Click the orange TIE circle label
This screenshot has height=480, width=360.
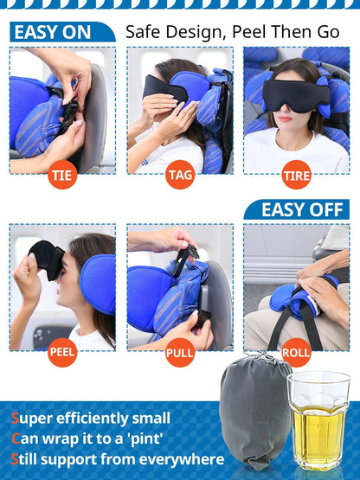coord(62,176)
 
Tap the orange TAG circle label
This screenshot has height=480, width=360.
coord(180,176)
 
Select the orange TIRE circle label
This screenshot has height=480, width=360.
coord(297,176)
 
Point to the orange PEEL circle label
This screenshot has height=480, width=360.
coord(62,352)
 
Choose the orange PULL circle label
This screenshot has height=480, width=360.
coord(180,352)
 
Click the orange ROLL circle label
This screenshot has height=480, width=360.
coord(297,352)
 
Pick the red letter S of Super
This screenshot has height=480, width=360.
coord(16,419)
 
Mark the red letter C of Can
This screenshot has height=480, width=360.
coord(16,439)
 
